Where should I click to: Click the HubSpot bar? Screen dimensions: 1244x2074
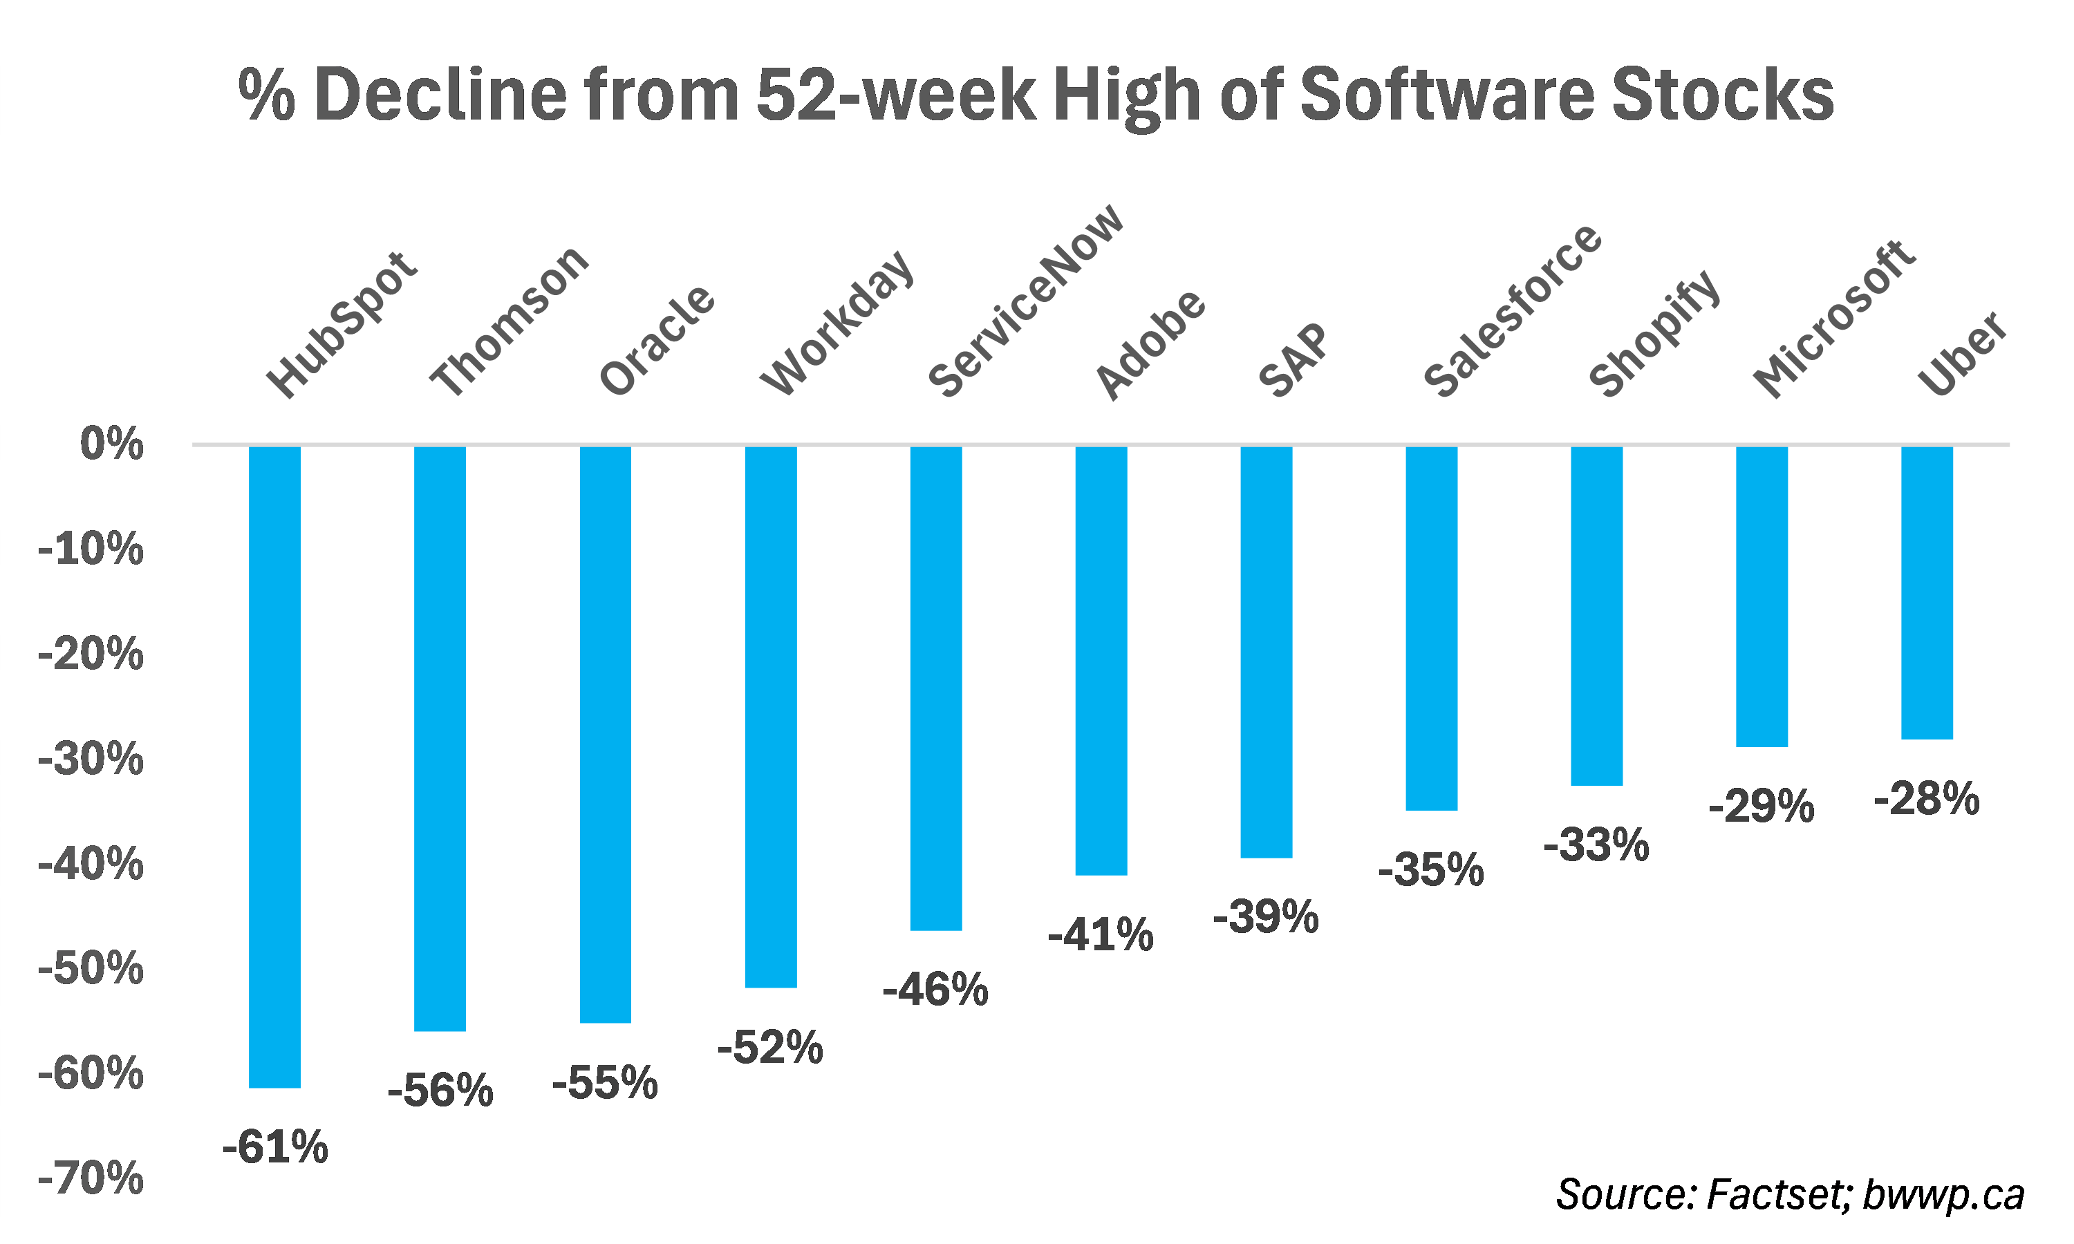point(275,766)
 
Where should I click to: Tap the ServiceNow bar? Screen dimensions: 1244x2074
point(935,688)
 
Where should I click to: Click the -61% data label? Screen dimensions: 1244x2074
point(275,1147)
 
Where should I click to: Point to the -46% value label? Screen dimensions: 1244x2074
point(935,989)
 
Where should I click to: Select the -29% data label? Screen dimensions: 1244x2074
point(1762,807)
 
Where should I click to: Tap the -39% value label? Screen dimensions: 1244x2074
point(1266,916)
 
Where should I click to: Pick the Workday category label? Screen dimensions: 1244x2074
point(837,323)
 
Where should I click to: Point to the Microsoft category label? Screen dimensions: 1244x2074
point(1834,319)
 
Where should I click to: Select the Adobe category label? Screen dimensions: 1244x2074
point(1150,346)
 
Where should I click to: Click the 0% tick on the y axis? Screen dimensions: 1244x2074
point(111,444)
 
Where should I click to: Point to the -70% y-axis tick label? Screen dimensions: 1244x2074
point(91,1178)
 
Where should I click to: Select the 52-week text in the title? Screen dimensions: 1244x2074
point(895,94)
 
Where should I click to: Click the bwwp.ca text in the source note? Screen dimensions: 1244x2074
point(1943,1194)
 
